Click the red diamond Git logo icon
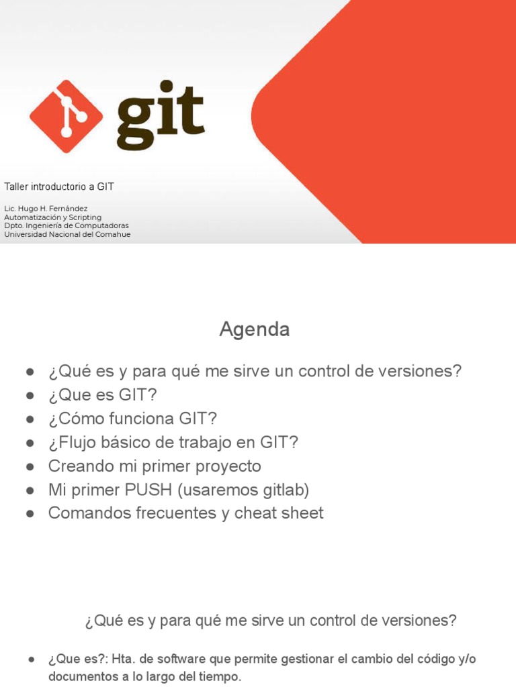point(66,117)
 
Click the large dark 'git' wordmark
point(160,116)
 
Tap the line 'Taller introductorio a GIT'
point(59,187)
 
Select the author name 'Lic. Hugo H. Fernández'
point(46,209)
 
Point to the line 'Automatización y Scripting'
point(53,217)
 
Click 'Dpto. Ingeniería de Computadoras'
point(67,226)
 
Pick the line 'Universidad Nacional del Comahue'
point(67,234)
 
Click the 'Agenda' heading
point(255,329)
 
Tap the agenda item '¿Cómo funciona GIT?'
point(132,419)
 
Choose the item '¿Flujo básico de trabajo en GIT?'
point(173,442)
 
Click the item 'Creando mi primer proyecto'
point(155,466)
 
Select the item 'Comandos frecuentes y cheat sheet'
point(185,513)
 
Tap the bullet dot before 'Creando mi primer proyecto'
point(30,466)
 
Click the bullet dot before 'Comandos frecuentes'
point(30,514)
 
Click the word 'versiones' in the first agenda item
point(427,371)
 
